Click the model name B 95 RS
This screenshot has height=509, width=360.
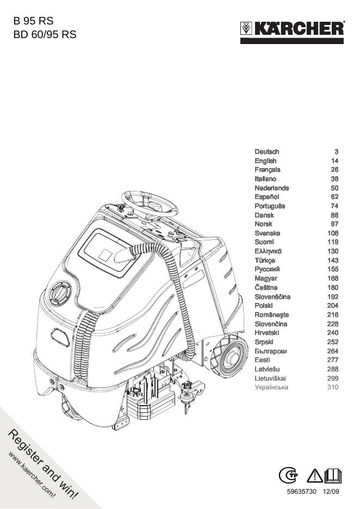tap(34, 22)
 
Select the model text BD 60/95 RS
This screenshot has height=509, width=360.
tap(45, 34)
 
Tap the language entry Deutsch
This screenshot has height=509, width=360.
tap(267, 152)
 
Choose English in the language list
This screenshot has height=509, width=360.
tap(265, 161)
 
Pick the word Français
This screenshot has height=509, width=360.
tap(268, 170)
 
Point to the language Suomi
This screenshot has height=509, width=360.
tap(264, 242)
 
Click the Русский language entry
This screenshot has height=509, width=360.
tap(268, 269)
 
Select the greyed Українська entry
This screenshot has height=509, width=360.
tap(271, 387)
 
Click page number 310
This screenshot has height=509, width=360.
tap(333, 387)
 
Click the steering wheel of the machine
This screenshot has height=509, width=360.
tap(149, 203)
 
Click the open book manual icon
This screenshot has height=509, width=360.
tap(333, 476)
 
